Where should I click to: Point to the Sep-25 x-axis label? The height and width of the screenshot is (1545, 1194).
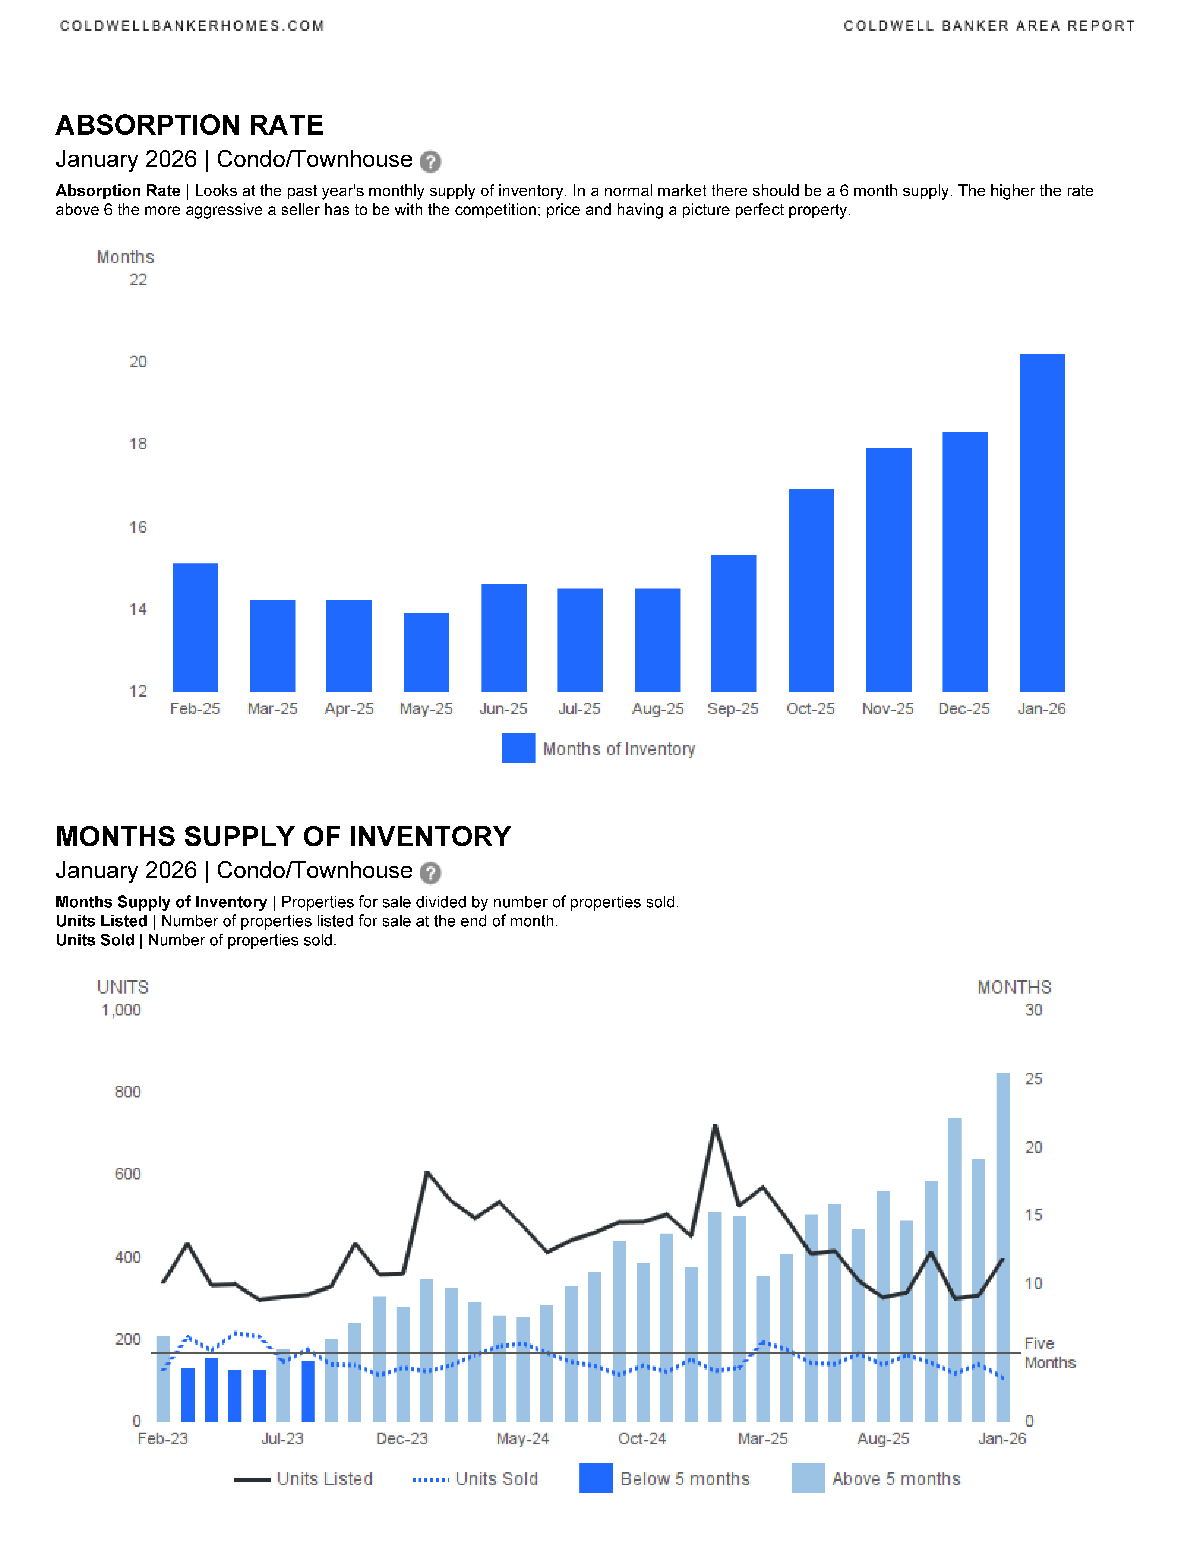pos(733,709)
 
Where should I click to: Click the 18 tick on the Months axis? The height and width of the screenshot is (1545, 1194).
pos(138,444)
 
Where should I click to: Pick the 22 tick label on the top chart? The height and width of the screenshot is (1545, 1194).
pos(138,280)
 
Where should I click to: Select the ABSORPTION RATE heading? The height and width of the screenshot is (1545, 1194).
pos(190,125)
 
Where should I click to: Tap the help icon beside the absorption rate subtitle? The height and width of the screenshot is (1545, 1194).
pos(430,162)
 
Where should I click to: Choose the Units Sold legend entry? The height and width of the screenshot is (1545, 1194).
pos(475,1479)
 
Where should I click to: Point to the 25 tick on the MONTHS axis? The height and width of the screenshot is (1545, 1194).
pos(1033,1079)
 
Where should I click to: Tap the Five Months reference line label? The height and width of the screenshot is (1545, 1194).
pos(1049,1353)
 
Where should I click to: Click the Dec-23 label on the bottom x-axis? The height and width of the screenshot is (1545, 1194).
pos(402,1439)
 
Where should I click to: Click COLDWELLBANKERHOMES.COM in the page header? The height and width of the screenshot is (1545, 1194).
pos(192,26)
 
